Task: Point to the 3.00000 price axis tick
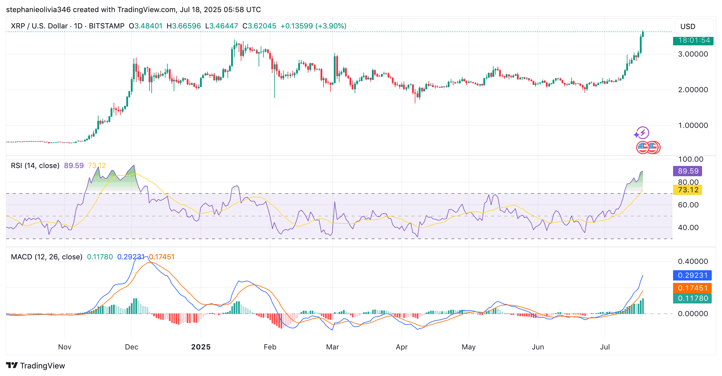[x=693, y=54]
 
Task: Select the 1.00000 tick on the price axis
[x=693, y=125]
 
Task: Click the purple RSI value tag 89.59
[x=688, y=171]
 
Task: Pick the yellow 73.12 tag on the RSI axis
[x=688, y=190]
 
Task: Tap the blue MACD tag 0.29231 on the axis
[x=692, y=275]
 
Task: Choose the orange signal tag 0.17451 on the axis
[x=692, y=288]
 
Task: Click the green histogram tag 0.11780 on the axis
[x=692, y=298]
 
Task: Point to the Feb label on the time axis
[x=270, y=347]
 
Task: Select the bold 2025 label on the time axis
[x=201, y=347]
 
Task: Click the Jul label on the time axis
[x=605, y=347]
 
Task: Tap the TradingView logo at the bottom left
[x=36, y=366]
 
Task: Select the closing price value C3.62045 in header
[x=259, y=26]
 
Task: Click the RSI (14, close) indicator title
[x=35, y=166]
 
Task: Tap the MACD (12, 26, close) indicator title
[x=47, y=257]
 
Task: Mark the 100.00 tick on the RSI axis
[x=691, y=159]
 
